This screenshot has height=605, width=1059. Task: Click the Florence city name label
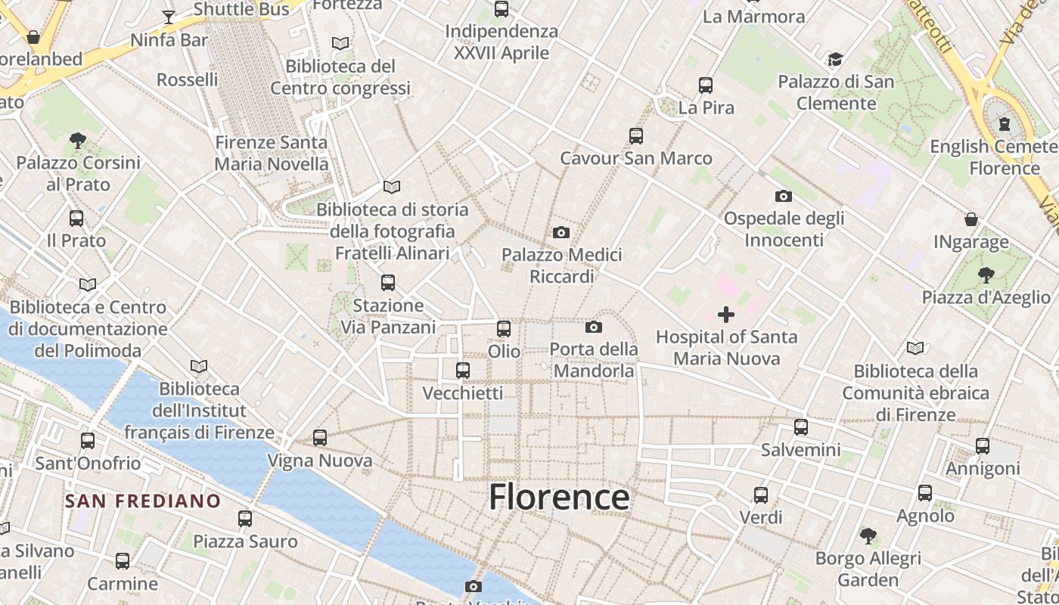(x=559, y=498)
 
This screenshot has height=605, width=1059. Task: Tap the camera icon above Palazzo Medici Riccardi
(x=561, y=232)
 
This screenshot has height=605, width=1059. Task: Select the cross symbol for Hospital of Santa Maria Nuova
(x=726, y=314)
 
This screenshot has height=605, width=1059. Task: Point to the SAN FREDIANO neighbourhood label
(x=143, y=501)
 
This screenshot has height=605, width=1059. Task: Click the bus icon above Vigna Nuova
(x=320, y=438)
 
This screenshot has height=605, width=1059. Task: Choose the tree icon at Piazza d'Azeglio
(x=986, y=275)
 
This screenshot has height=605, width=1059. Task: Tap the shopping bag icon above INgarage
(x=971, y=220)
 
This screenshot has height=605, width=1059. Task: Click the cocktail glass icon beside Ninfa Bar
(x=169, y=17)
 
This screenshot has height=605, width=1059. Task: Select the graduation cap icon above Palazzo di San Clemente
(x=836, y=60)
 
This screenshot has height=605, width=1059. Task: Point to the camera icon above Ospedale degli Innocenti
(x=784, y=197)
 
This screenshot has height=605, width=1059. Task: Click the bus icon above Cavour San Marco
(x=636, y=136)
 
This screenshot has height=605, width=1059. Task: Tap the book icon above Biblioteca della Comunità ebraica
(x=915, y=349)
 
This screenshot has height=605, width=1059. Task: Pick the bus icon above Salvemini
(x=801, y=427)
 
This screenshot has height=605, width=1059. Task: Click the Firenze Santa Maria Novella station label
(x=272, y=153)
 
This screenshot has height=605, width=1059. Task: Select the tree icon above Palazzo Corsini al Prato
(x=78, y=140)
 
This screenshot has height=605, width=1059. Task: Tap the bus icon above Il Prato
(x=76, y=219)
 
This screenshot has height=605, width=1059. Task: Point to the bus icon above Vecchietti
(x=463, y=371)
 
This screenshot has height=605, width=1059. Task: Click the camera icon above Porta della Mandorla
(x=594, y=327)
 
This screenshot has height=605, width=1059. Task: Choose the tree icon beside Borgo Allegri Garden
(x=868, y=536)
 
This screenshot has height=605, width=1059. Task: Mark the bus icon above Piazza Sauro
(x=245, y=519)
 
